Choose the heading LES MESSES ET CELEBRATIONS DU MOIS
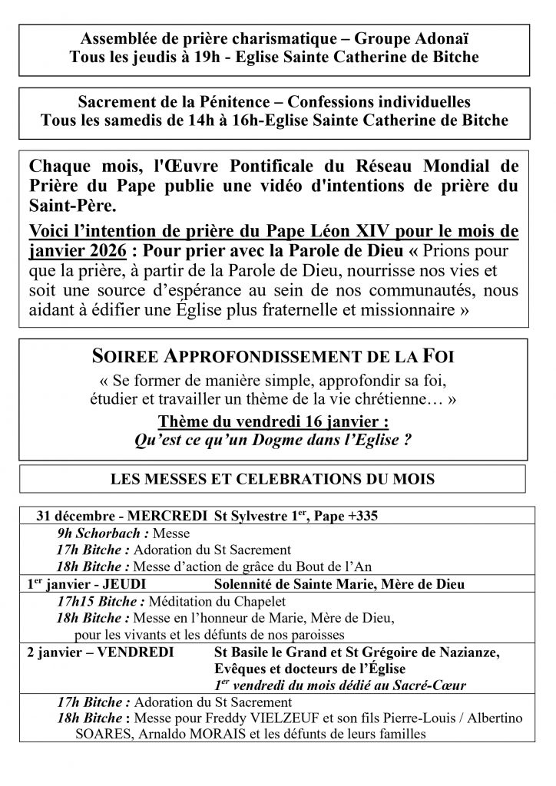(x=273, y=480)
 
